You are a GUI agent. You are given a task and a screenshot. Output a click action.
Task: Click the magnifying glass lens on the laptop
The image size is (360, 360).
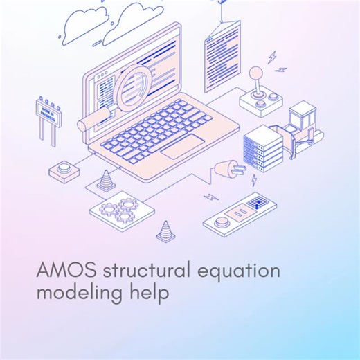[136, 88]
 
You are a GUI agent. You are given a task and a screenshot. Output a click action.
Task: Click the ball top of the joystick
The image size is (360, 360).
[256, 71]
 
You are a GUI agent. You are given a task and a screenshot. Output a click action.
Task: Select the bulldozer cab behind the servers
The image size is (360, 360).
[301, 116]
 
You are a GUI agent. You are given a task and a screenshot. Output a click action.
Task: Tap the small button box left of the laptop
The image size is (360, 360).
[66, 168]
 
